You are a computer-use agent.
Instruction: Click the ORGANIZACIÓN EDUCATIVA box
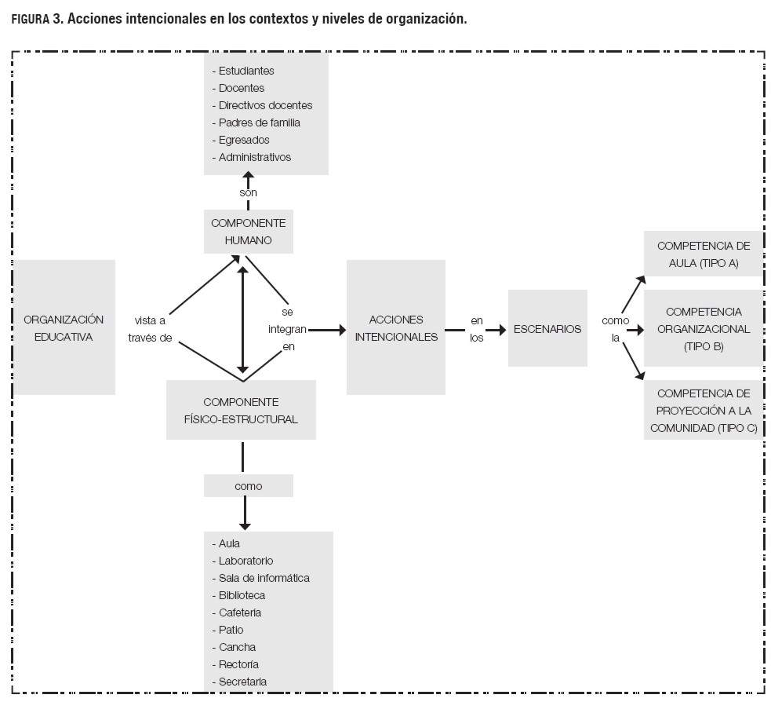pos(64,327)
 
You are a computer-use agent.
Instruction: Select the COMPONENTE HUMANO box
pos(248,232)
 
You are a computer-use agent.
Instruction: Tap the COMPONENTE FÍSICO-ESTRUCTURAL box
pos(240,410)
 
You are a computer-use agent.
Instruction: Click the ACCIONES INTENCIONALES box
pos(395,327)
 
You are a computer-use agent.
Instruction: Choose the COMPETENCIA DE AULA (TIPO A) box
pos(703,254)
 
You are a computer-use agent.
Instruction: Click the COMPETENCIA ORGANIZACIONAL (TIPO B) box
pos(703,328)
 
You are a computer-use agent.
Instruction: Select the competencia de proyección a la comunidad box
pos(703,411)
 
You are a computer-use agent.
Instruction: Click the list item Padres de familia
pos(259,122)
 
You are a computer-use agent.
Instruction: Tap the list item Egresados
pos(244,140)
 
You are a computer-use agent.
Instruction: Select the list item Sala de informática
pos(264,578)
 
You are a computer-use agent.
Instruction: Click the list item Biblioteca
pos(242,595)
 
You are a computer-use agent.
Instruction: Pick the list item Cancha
pos(237,647)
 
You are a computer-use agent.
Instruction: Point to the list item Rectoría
pos(239,664)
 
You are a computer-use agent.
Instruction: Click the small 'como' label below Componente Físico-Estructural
pos(248,486)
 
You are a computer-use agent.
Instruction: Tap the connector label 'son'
pos(248,192)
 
